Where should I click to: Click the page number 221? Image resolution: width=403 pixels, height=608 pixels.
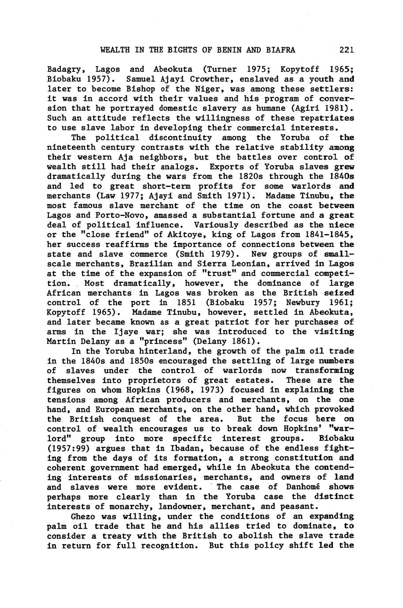tap(347, 50)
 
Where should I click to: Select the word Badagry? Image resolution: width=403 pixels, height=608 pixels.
tap(63, 70)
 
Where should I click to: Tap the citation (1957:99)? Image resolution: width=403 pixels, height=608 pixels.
tap(68, 448)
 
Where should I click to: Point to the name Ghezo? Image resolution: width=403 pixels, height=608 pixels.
tap(82, 516)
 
